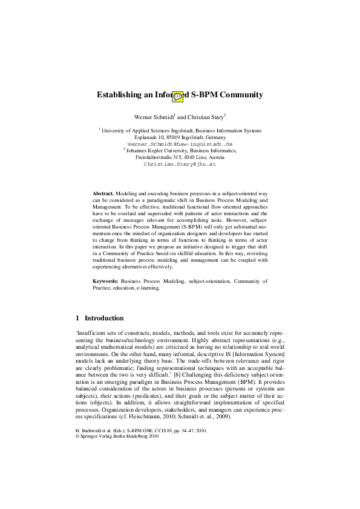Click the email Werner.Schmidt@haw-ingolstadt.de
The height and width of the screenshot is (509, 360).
(x=180, y=145)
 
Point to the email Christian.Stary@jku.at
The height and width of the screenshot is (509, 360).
(x=180, y=164)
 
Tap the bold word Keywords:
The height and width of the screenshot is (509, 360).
(x=105, y=281)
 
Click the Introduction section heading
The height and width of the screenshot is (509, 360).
(x=104, y=318)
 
